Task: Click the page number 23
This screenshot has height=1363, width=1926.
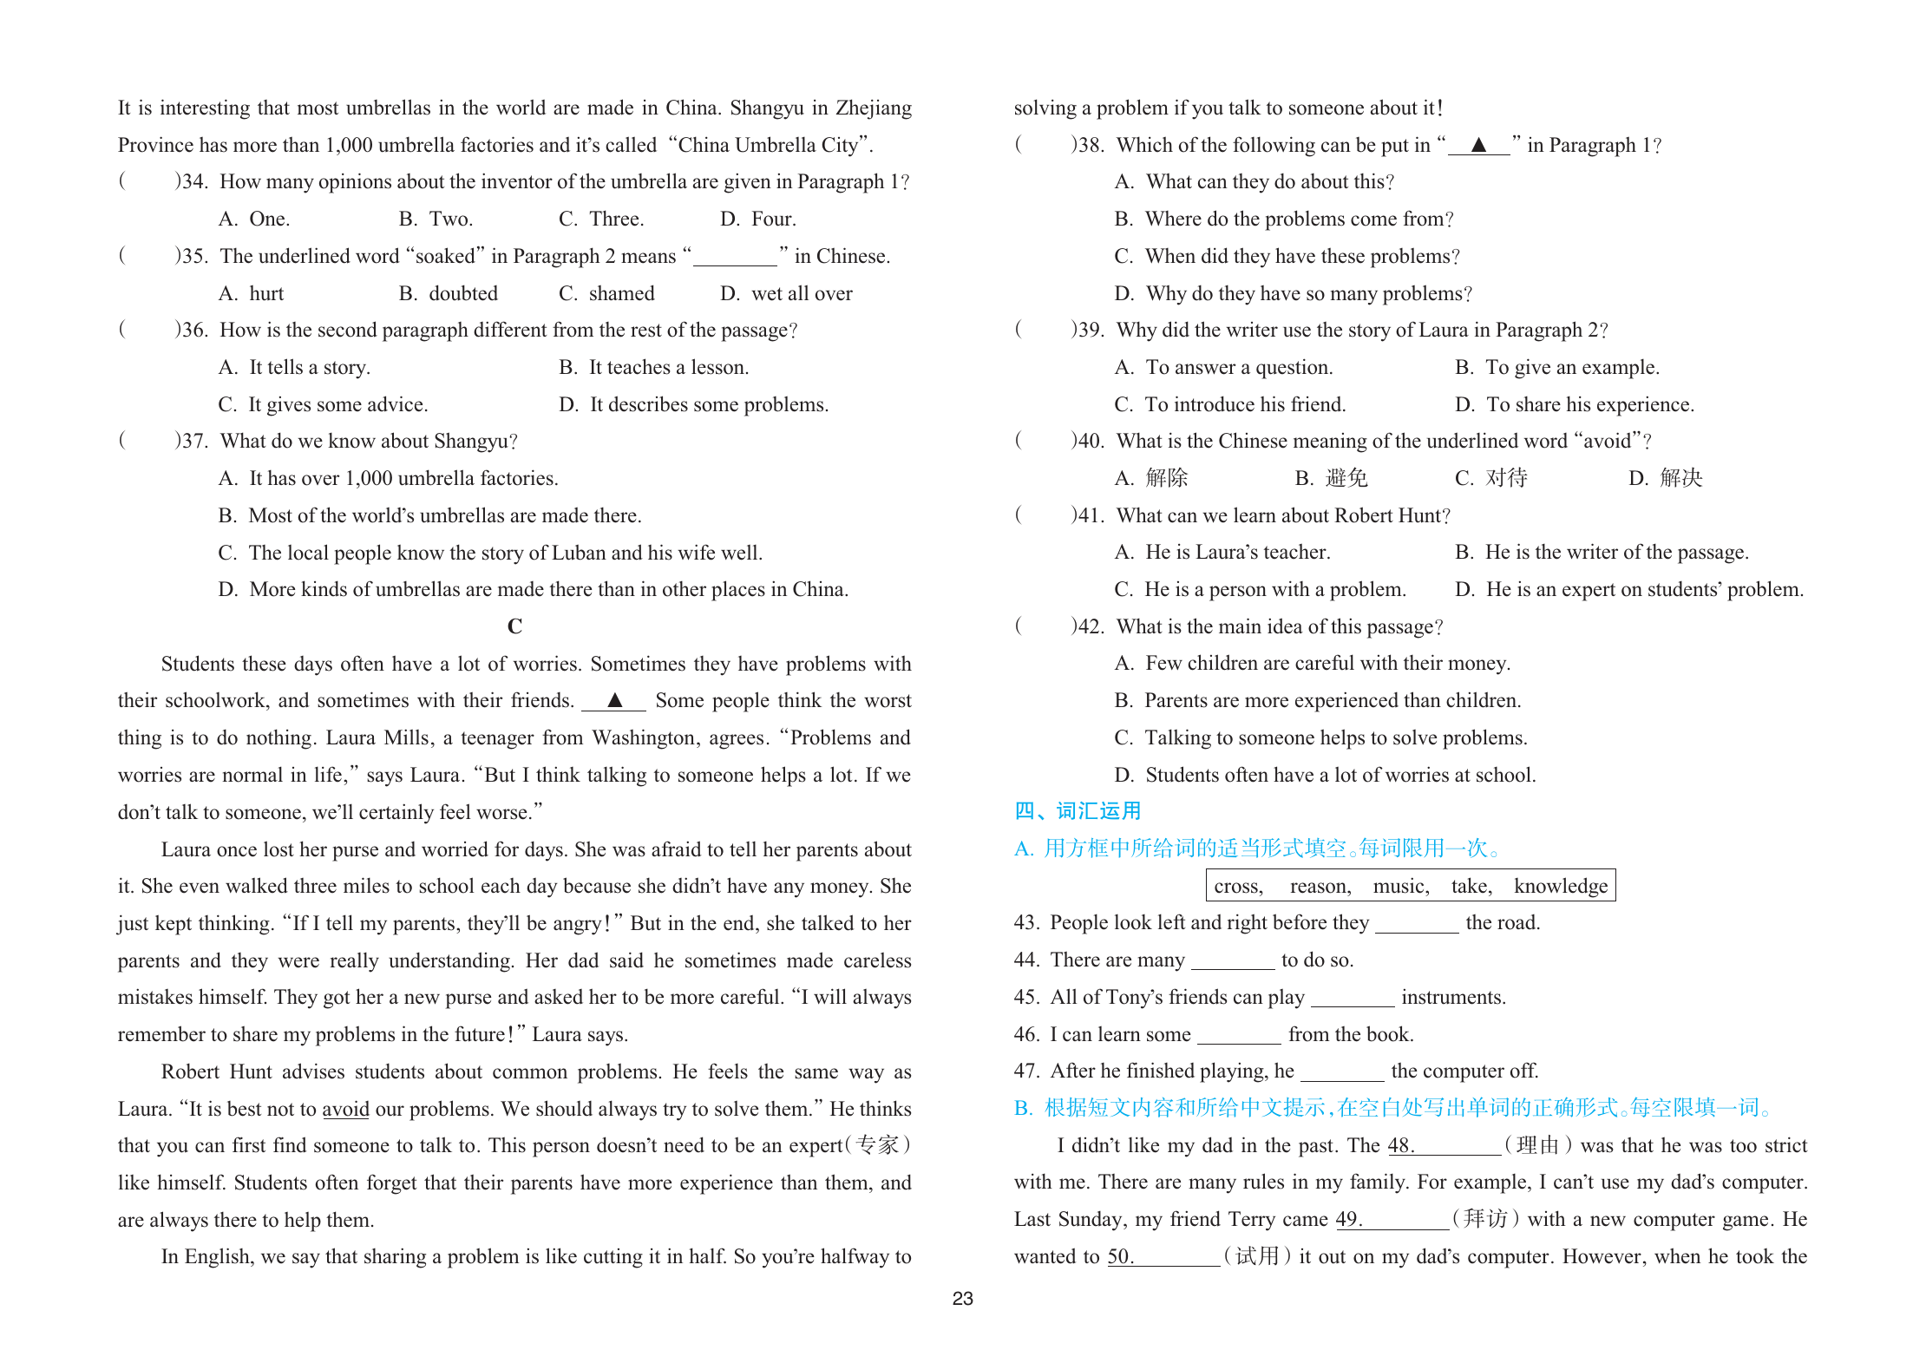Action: coord(962,1298)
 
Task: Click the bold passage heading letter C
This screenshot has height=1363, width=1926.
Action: coord(514,626)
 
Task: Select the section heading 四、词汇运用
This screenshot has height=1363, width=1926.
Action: coord(1078,810)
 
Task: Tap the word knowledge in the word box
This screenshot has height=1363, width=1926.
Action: coord(1560,886)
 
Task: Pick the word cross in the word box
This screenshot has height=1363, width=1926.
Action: coord(1238,886)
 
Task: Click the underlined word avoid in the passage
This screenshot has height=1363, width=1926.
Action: coord(345,1109)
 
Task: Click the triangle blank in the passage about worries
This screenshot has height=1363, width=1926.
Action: coord(614,700)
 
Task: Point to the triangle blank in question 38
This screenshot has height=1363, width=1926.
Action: coord(1478,145)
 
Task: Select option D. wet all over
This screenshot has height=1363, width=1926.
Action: coord(786,293)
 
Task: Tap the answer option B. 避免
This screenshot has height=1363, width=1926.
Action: coord(1331,478)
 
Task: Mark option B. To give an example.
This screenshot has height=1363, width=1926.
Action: coord(1556,367)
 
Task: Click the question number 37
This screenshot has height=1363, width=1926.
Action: coord(194,441)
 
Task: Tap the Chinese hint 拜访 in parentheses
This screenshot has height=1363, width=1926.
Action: coord(1484,1219)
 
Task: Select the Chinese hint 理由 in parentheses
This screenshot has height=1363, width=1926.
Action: coord(1537,1145)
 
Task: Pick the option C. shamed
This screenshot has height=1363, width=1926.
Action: coord(606,293)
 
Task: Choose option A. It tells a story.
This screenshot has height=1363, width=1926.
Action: coord(294,367)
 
